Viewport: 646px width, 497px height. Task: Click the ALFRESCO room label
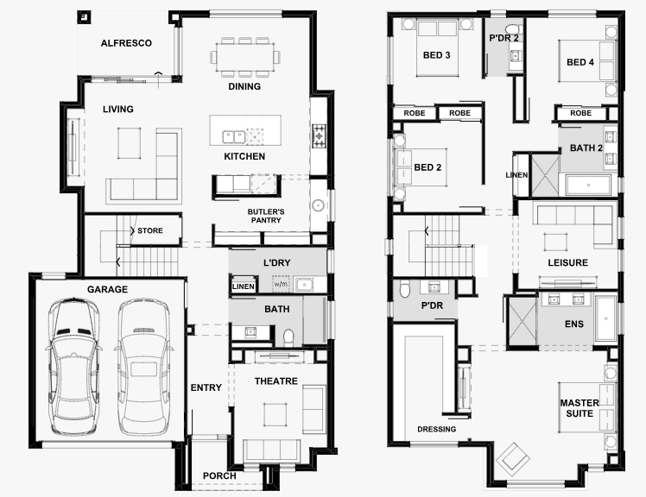[126, 43]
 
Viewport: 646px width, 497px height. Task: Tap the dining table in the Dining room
[245, 57]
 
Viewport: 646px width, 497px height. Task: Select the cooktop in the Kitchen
[319, 135]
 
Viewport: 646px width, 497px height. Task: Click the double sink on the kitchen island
[233, 136]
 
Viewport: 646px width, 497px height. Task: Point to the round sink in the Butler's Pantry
[318, 205]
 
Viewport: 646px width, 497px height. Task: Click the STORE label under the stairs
[150, 230]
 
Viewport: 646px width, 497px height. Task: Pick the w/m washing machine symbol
[281, 284]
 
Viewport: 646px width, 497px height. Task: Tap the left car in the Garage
[74, 367]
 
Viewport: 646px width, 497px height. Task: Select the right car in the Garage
[143, 367]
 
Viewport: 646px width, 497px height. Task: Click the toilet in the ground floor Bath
[288, 337]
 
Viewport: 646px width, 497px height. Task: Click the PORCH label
[219, 476]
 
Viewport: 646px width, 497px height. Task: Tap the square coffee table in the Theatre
[275, 415]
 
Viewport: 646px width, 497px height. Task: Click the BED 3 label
[437, 55]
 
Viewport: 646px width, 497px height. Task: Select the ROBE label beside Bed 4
[581, 113]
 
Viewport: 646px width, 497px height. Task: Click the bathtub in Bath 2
[588, 186]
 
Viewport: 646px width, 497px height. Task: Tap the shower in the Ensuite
[522, 321]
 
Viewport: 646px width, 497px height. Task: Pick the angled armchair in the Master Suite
[512, 460]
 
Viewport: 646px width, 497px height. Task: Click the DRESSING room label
[437, 429]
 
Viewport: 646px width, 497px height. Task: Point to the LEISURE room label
[567, 262]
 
